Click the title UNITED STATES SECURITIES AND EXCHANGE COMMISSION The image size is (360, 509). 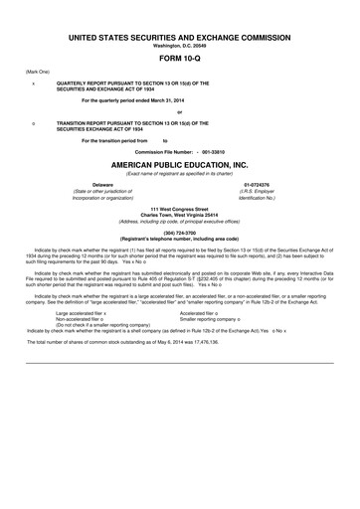coord(179,36)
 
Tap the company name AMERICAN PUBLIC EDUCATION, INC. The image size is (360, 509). coord(179,161)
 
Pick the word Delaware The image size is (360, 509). coord(102,185)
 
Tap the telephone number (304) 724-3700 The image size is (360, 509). coord(179,234)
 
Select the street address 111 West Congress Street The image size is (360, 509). coord(179,209)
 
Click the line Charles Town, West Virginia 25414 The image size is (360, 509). coord(179,215)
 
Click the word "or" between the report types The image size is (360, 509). coord(179,111)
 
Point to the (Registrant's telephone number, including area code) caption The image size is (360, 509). coord(179,240)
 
